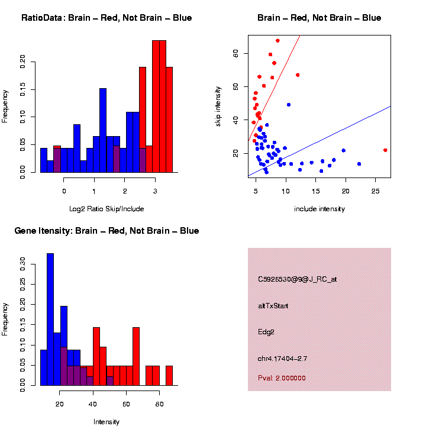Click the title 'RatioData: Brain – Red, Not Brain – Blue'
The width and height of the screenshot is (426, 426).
[106, 18]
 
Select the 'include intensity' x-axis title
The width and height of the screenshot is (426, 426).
[319, 208]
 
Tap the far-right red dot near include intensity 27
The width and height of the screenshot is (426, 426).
[385, 150]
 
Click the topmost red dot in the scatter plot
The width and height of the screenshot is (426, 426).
[277, 41]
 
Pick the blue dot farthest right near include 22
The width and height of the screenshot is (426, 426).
[359, 164]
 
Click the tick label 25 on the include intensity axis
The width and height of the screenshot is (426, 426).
[375, 191]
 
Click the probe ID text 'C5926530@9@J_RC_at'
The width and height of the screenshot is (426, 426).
[297, 279]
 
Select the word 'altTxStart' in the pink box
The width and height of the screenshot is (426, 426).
[273, 306]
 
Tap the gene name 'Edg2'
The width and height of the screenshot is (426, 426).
[266, 332]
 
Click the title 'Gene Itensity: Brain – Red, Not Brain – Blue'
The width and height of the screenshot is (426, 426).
[106, 231]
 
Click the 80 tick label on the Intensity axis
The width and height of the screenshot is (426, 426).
[159, 404]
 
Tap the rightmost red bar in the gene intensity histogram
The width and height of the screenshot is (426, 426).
[169, 376]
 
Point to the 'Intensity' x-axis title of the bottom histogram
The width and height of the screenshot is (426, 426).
[106, 422]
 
